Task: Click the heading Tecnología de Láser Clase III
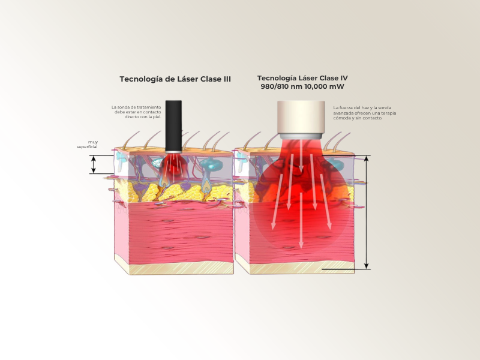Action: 175,79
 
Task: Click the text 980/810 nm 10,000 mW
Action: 302,86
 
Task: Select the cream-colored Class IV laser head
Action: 301,117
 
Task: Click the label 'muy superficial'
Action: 88,145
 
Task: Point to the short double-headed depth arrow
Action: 94,164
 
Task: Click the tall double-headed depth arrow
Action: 366,212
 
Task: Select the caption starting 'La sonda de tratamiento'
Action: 136,112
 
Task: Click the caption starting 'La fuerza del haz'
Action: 365,113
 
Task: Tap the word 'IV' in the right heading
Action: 344,78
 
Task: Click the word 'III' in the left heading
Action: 227,79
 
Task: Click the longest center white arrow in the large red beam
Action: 301,220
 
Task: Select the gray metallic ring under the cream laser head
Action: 301,136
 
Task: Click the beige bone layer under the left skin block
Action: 181,268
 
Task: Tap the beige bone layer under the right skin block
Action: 302,267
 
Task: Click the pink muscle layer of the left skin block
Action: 181,232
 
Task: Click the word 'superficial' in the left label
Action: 87,147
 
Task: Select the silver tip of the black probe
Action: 173,152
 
